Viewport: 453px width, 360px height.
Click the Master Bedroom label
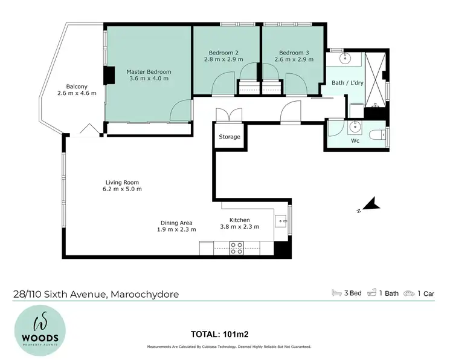[x=149, y=71]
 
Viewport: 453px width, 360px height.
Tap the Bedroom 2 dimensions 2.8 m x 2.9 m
[x=223, y=60]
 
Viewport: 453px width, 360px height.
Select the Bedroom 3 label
[x=290, y=52]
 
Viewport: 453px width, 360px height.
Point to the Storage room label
[x=230, y=137]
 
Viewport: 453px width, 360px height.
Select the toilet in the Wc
[x=377, y=134]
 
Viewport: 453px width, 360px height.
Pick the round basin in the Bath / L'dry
[x=345, y=59]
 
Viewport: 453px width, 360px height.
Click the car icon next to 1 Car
[x=411, y=293]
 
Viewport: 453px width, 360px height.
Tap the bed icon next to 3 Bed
[x=337, y=293]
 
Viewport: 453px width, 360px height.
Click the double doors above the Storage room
[x=224, y=114]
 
